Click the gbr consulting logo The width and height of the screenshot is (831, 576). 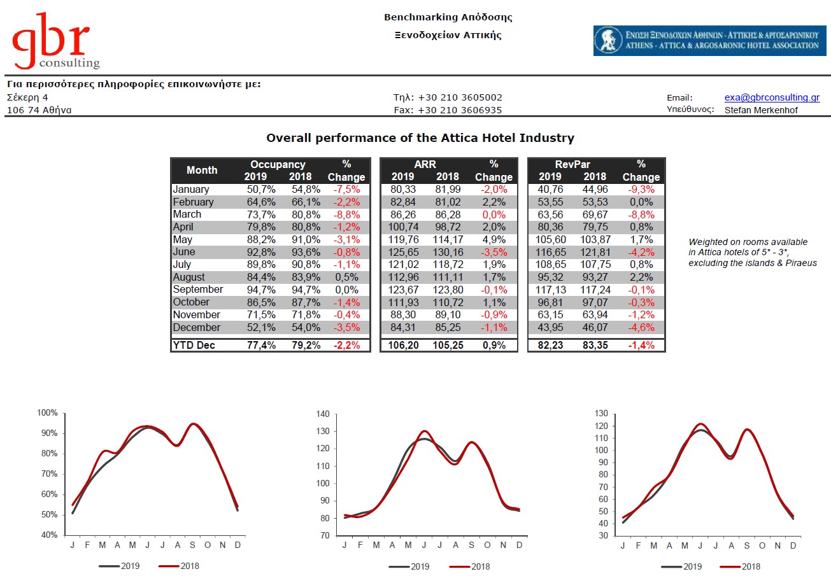pos(55,41)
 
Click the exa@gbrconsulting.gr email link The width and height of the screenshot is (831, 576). pos(772,97)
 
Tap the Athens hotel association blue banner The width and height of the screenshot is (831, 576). pos(709,41)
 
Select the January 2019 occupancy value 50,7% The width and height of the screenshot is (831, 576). pos(261,189)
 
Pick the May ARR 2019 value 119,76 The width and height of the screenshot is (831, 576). pos(403,239)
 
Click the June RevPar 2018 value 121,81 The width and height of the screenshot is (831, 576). pos(595,252)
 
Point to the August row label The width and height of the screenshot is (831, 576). pos(188,277)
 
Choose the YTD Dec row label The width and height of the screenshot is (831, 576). pos(194,346)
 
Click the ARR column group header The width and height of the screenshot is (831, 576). pos(425,164)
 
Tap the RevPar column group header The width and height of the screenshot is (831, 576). pos(572,164)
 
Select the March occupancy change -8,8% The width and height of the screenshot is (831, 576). pos(346,214)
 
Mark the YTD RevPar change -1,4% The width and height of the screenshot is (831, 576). pos(641,346)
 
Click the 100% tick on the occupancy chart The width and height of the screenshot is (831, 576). pos(48,413)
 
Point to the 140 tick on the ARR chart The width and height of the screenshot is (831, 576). pos(323,414)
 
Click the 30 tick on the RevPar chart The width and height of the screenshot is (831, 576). pos(604,535)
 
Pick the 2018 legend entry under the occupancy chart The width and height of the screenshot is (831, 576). pos(179,566)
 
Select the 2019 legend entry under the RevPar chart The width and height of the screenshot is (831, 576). pos(681,566)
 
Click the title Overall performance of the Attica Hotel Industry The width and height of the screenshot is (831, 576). pos(420,138)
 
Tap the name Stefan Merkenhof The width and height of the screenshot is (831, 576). pos(761,110)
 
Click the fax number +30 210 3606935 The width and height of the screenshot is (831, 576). pos(460,110)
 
